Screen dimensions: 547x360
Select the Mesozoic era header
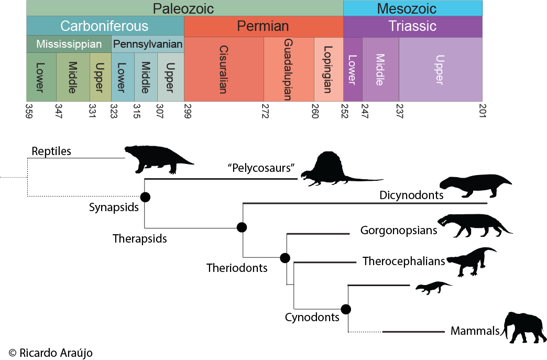coord(413,8)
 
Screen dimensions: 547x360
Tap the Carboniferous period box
coord(105,26)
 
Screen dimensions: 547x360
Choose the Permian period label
coord(263,26)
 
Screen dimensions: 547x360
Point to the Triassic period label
coord(412,26)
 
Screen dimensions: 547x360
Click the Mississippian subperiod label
coord(69,45)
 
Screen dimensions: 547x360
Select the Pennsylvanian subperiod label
coord(148,45)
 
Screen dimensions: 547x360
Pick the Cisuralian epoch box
coord(224,69)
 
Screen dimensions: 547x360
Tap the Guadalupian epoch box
coord(288,69)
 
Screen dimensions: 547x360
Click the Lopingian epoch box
coord(329,69)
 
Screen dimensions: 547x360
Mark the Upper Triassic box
coord(440,69)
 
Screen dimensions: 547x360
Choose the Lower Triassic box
coord(352,69)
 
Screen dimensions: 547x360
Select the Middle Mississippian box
coord(73,77)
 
